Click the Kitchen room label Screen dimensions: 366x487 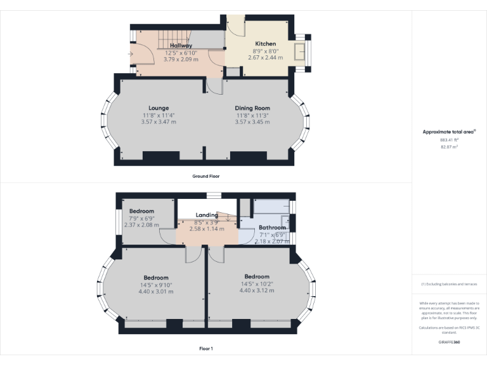point(266,44)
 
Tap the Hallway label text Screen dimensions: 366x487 point(181,46)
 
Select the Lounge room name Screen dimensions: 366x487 point(159,108)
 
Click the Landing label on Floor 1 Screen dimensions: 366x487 point(207,215)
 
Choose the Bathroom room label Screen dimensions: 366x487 point(272,227)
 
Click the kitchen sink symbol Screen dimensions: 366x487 point(300,50)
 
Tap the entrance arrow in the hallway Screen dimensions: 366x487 point(131,53)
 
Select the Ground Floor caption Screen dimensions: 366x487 point(205,176)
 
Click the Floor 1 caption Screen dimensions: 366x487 point(205,348)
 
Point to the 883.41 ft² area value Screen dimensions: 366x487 point(449,140)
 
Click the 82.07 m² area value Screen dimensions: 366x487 point(449,147)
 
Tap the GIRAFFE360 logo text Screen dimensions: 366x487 point(449,342)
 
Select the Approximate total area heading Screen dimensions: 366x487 point(448,132)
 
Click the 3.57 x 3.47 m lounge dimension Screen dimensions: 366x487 point(159,122)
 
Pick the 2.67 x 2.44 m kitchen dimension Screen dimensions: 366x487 point(266,58)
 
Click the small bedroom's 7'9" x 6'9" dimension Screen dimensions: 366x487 point(141,218)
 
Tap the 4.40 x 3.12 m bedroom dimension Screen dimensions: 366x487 point(257,290)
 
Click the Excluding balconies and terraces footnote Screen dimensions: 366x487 point(449,284)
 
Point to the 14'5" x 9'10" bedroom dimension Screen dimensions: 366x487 point(155,285)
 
